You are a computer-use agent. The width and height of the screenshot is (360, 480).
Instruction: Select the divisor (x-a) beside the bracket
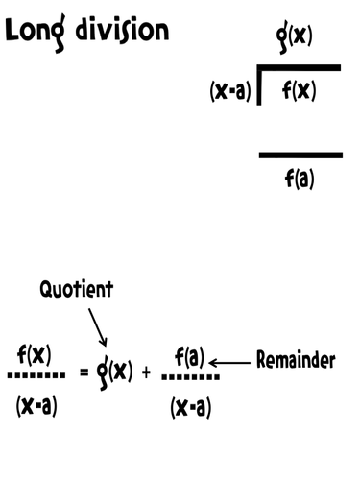(230, 93)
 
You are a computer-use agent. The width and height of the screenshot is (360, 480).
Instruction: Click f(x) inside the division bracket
(300, 92)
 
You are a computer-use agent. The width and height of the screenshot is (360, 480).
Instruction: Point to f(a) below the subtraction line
(300, 178)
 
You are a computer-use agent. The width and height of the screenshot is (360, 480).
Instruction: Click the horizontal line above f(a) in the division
(300, 155)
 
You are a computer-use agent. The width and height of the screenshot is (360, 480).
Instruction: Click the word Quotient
(76, 289)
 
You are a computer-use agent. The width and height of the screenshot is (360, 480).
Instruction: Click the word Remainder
(296, 361)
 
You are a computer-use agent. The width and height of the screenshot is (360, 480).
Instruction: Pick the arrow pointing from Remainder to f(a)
(228, 362)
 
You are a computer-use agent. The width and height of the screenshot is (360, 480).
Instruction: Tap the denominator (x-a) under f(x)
(36, 405)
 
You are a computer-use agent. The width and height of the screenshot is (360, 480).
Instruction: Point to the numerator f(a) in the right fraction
(188, 358)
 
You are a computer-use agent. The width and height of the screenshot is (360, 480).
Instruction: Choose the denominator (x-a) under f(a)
(190, 407)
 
